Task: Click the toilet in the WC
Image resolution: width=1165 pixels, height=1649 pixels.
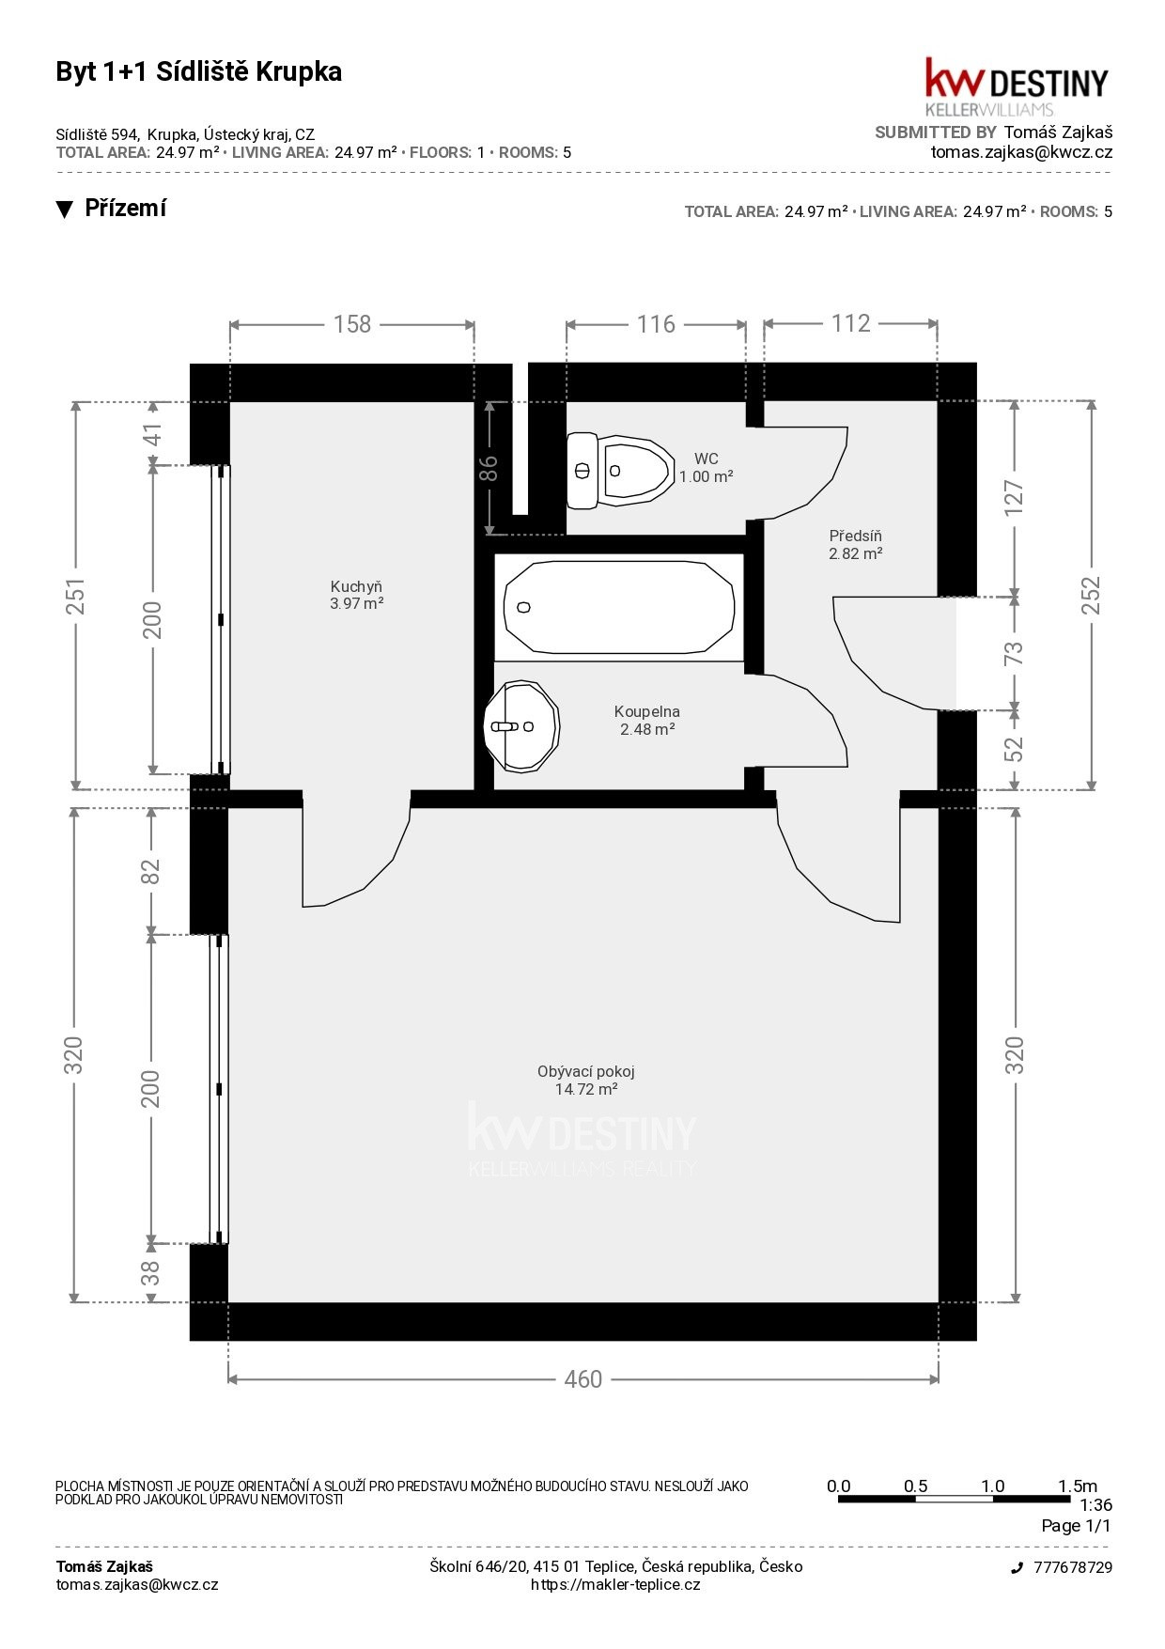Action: tap(620, 470)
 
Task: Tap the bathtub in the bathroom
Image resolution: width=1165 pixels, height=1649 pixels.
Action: tap(619, 607)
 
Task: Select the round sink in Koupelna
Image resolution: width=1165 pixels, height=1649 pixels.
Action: tap(521, 726)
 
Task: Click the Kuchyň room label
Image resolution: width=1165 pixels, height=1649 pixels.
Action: tap(356, 586)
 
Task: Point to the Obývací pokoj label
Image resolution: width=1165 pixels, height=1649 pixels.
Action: tap(586, 1071)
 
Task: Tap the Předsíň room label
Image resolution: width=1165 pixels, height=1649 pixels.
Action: tap(855, 537)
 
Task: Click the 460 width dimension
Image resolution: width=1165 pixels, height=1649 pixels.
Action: tap(582, 1378)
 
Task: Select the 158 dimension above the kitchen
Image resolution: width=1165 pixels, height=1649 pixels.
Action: tap(352, 324)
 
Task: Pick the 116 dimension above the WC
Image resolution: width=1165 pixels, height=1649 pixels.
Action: tap(656, 324)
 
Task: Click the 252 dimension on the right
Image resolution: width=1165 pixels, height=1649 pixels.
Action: tap(1090, 596)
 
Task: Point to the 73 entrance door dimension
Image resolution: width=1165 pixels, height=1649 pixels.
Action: tap(1015, 653)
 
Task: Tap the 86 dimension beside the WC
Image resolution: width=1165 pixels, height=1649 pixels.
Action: tap(489, 468)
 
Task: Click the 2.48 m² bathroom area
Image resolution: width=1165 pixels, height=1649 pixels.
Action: tap(647, 729)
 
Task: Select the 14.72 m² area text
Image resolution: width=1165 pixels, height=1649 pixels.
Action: tap(586, 1089)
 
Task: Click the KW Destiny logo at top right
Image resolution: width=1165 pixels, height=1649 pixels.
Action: tap(1017, 86)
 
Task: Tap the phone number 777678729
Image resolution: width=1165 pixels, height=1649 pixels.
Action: tap(1073, 1567)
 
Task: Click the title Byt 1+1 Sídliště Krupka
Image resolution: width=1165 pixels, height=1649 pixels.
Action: tap(199, 72)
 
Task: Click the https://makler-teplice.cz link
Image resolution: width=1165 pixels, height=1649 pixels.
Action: tap(615, 1585)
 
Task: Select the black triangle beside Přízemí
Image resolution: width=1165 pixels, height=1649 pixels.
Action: tap(64, 210)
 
